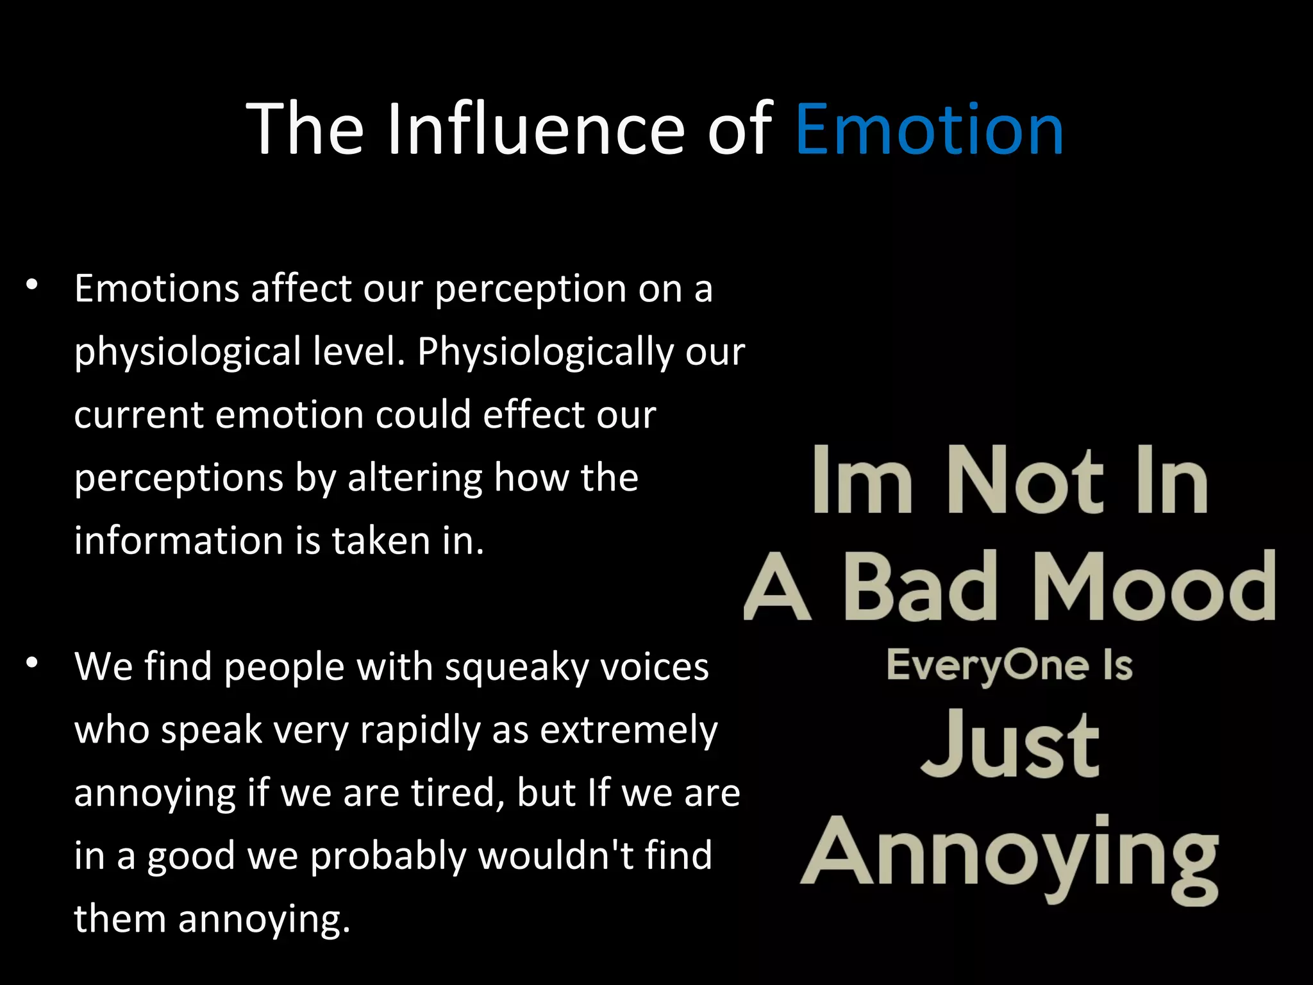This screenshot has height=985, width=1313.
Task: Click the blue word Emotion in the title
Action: coord(930,130)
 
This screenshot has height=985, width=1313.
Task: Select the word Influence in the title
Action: coord(537,130)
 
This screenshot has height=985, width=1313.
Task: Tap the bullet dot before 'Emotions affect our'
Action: coord(33,286)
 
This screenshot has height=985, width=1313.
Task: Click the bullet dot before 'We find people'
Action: coord(33,664)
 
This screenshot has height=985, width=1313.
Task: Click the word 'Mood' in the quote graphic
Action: coord(1154,587)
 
